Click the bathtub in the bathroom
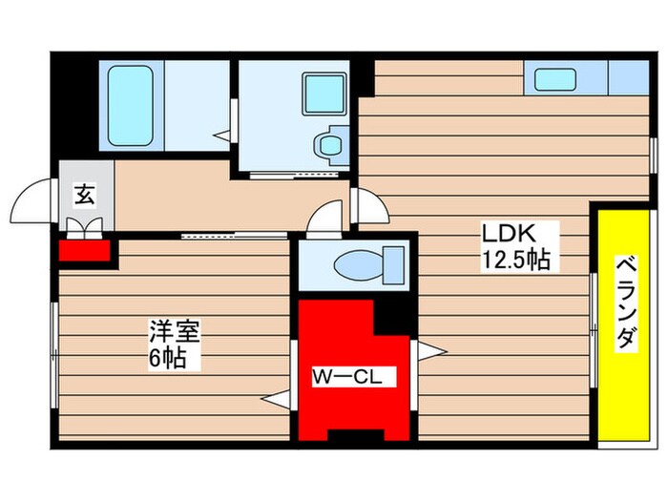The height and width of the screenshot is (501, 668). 132,104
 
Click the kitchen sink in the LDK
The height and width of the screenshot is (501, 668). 555,79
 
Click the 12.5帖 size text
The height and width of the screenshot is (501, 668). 515,259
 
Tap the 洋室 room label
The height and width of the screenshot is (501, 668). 173,332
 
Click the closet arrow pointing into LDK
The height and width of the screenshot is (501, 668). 430,351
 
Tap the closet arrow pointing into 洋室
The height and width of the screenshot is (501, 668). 277,402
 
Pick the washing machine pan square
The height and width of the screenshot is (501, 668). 324,94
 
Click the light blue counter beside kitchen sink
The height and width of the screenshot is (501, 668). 628,77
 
